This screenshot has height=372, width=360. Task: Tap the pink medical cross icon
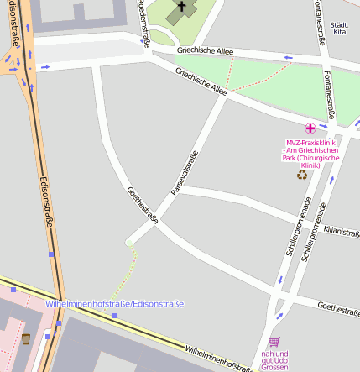(310, 128)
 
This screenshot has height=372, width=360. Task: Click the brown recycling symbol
(302, 175)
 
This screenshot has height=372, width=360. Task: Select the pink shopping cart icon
(274, 342)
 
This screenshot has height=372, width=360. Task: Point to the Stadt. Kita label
(340, 28)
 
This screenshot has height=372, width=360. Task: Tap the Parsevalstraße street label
(184, 173)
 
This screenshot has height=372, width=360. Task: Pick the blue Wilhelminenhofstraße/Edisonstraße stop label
(114, 303)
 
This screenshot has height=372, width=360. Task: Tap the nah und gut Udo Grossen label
(274, 360)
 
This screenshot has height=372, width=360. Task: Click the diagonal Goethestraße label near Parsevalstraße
(142, 204)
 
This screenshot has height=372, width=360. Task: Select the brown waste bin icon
(26, 338)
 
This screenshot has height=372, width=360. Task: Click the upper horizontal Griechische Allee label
(205, 50)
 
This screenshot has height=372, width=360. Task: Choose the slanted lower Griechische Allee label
(201, 81)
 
